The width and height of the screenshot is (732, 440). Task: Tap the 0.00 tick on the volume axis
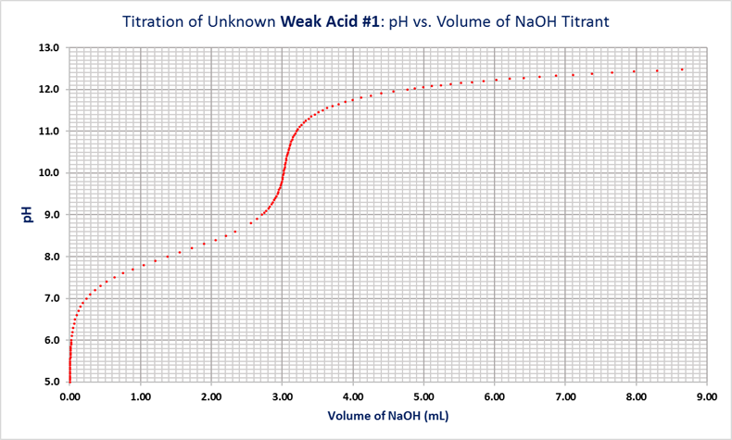coord(69,396)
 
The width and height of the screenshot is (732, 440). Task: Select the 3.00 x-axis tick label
coord(282,396)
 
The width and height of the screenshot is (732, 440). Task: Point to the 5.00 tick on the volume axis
coord(423,396)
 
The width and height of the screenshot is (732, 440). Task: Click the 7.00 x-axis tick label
coord(565,396)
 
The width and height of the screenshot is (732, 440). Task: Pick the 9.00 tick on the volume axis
coord(707,396)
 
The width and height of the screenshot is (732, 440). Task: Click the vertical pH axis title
coord(27,214)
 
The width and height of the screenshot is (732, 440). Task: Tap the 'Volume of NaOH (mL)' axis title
coord(387,417)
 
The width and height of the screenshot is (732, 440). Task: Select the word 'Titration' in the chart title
coord(156,21)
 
